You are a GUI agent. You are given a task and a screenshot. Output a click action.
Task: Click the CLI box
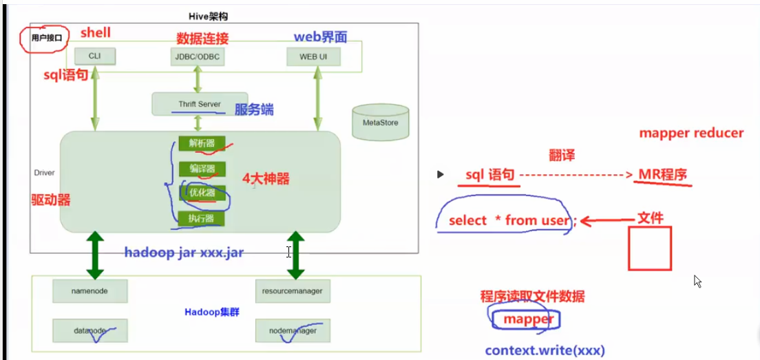[x=94, y=56]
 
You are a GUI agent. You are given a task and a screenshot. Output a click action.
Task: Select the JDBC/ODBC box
[x=198, y=56]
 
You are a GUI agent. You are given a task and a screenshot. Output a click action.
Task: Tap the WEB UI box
[x=313, y=56]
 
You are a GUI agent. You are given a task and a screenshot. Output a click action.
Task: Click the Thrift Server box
[x=199, y=104]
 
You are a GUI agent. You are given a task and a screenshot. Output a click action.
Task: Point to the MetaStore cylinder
[x=379, y=123]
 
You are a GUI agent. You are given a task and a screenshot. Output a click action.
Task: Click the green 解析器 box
[x=197, y=143]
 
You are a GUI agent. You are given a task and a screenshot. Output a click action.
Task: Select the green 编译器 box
[x=197, y=169]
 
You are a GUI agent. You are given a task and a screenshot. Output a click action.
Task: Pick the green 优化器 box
[x=197, y=193]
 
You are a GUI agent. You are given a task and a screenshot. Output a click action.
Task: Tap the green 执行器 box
[x=197, y=219]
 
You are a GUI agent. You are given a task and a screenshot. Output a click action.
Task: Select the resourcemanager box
[x=293, y=291]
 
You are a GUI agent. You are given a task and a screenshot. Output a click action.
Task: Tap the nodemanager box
[x=293, y=331]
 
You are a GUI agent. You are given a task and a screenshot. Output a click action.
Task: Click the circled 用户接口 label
[x=45, y=39]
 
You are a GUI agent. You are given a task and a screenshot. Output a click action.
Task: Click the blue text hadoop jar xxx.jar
[x=184, y=253]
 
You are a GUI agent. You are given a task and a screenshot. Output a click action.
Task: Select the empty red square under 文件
[x=649, y=248]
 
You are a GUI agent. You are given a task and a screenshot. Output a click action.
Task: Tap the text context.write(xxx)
[x=545, y=350]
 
